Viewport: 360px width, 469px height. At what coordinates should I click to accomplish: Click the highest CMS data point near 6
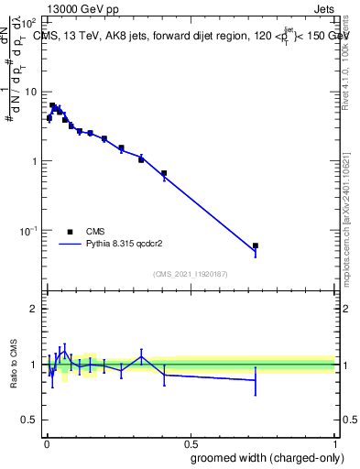[52, 105]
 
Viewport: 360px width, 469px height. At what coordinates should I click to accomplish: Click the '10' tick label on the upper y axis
[31, 92]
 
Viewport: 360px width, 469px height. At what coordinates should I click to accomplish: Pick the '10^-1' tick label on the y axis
[28, 230]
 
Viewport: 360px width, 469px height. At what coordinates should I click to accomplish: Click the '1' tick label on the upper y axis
[34, 161]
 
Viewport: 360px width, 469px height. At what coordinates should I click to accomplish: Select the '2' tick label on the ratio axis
[34, 309]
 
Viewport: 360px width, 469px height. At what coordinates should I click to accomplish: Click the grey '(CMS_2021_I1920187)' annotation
[191, 274]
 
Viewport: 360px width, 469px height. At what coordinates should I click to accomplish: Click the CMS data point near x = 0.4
[164, 173]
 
